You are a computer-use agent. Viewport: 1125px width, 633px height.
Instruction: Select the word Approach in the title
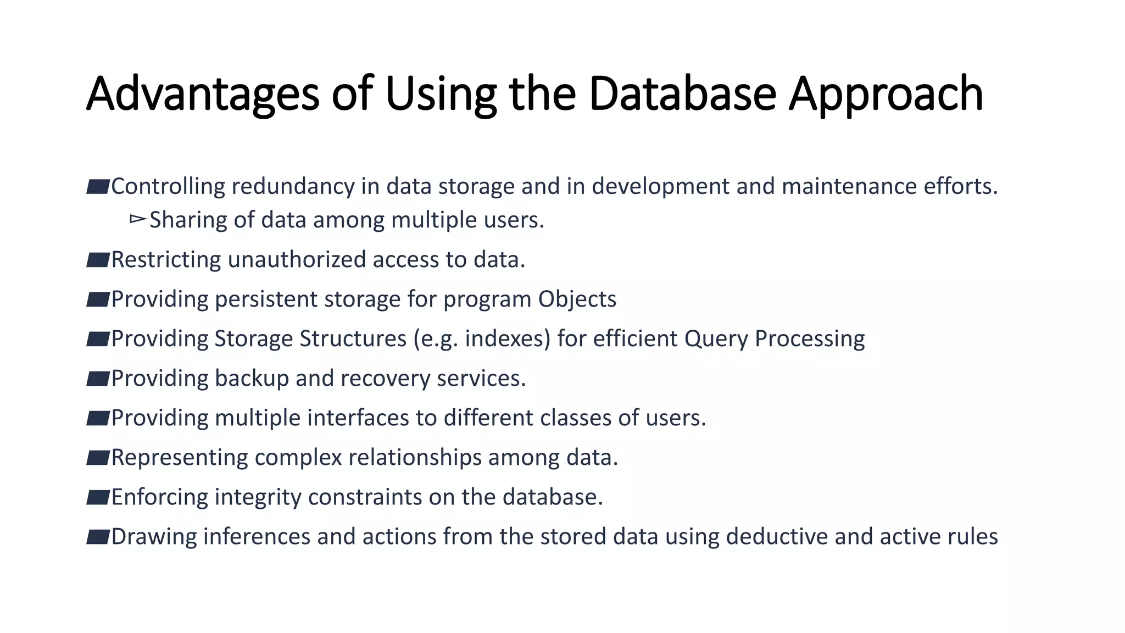point(885,95)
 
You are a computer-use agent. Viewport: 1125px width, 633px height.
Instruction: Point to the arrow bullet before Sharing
point(137,220)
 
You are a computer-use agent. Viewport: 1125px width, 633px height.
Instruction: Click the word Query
point(716,339)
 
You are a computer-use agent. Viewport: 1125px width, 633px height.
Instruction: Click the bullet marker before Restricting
point(98,259)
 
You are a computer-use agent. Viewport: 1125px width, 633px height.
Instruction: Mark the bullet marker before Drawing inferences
point(98,536)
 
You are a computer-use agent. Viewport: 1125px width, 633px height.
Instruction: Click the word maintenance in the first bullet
point(849,187)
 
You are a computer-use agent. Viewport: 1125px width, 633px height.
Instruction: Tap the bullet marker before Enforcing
point(98,497)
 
